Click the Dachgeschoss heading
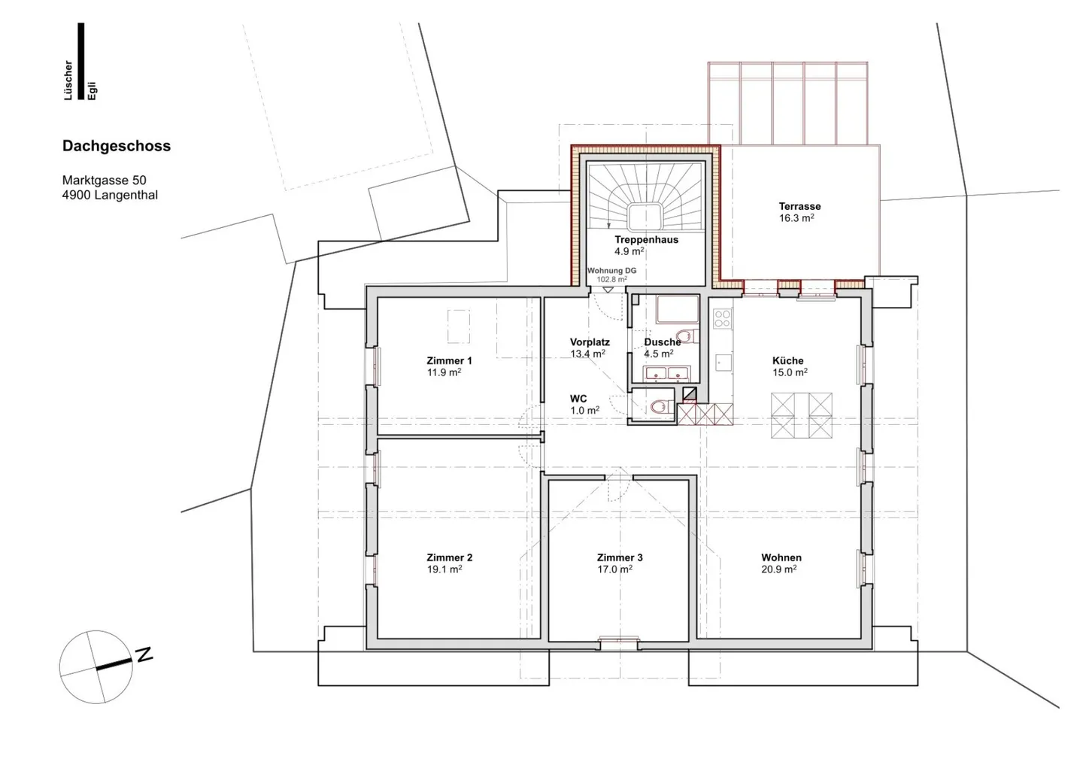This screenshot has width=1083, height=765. coord(117,147)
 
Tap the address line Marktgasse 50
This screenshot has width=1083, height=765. coord(104,181)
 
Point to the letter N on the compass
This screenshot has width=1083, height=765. coord(144,654)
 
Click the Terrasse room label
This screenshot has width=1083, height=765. coord(799,206)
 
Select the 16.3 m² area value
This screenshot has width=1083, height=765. coord(796,218)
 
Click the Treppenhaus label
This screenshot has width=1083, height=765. coord(647,240)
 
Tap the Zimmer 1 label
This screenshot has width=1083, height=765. coord(449,361)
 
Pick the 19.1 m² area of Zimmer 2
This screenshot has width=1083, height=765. coord(444,569)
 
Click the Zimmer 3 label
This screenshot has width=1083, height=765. coord(620,558)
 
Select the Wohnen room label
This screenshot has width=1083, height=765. coord(781,558)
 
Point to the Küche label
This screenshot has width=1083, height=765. coord(788,361)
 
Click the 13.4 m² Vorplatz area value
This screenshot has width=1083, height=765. coord(588,354)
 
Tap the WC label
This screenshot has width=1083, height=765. coord(578,399)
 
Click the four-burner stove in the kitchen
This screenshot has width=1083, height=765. coord(722,319)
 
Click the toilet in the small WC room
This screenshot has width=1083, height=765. coord(661,406)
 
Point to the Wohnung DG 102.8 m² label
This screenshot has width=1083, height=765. coord(611,275)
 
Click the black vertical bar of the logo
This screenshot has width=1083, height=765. coord(80,62)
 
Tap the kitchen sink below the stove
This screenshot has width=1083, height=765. coord(723,363)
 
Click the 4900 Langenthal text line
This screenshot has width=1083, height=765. coord(111,196)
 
